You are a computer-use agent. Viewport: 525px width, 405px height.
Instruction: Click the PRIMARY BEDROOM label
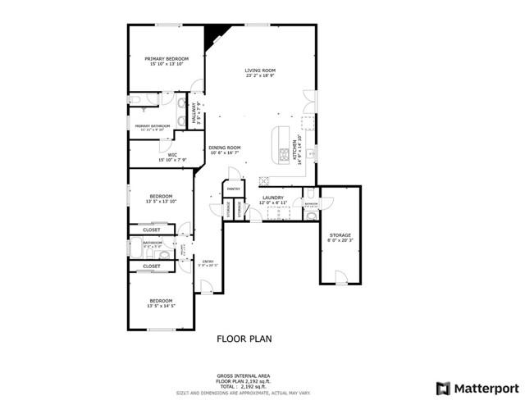click(167, 59)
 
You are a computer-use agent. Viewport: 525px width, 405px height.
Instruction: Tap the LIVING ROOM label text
click(259, 71)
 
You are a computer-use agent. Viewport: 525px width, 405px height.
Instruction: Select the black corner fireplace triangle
click(216, 35)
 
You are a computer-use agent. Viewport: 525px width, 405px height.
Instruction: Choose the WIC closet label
click(172, 154)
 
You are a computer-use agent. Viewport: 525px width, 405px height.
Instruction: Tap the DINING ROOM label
click(223, 148)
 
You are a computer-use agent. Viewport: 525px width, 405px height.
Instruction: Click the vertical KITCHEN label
click(299, 151)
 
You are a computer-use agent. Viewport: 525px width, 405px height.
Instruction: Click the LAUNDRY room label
click(272, 198)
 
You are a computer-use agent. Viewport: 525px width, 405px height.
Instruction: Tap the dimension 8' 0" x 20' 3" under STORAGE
click(340, 240)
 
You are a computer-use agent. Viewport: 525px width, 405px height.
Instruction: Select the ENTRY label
click(208, 262)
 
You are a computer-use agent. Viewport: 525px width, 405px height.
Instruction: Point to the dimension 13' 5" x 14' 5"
click(161, 306)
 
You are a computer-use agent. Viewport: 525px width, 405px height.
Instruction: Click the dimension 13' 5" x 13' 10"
click(161, 201)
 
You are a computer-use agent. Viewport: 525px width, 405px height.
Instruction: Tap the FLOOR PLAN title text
click(244, 338)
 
